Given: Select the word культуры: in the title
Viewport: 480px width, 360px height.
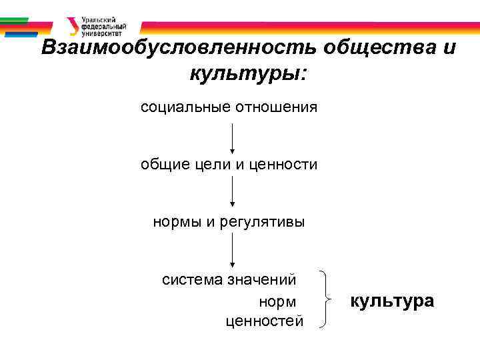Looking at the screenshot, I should click(248, 73).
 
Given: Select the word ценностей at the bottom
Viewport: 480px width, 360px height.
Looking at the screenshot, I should click(265, 322).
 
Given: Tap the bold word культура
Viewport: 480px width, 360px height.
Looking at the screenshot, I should click(392, 301).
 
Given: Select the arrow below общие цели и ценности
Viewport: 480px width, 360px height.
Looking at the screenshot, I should click(231, 193).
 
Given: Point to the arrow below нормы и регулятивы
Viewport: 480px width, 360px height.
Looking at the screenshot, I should click(231, 251).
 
